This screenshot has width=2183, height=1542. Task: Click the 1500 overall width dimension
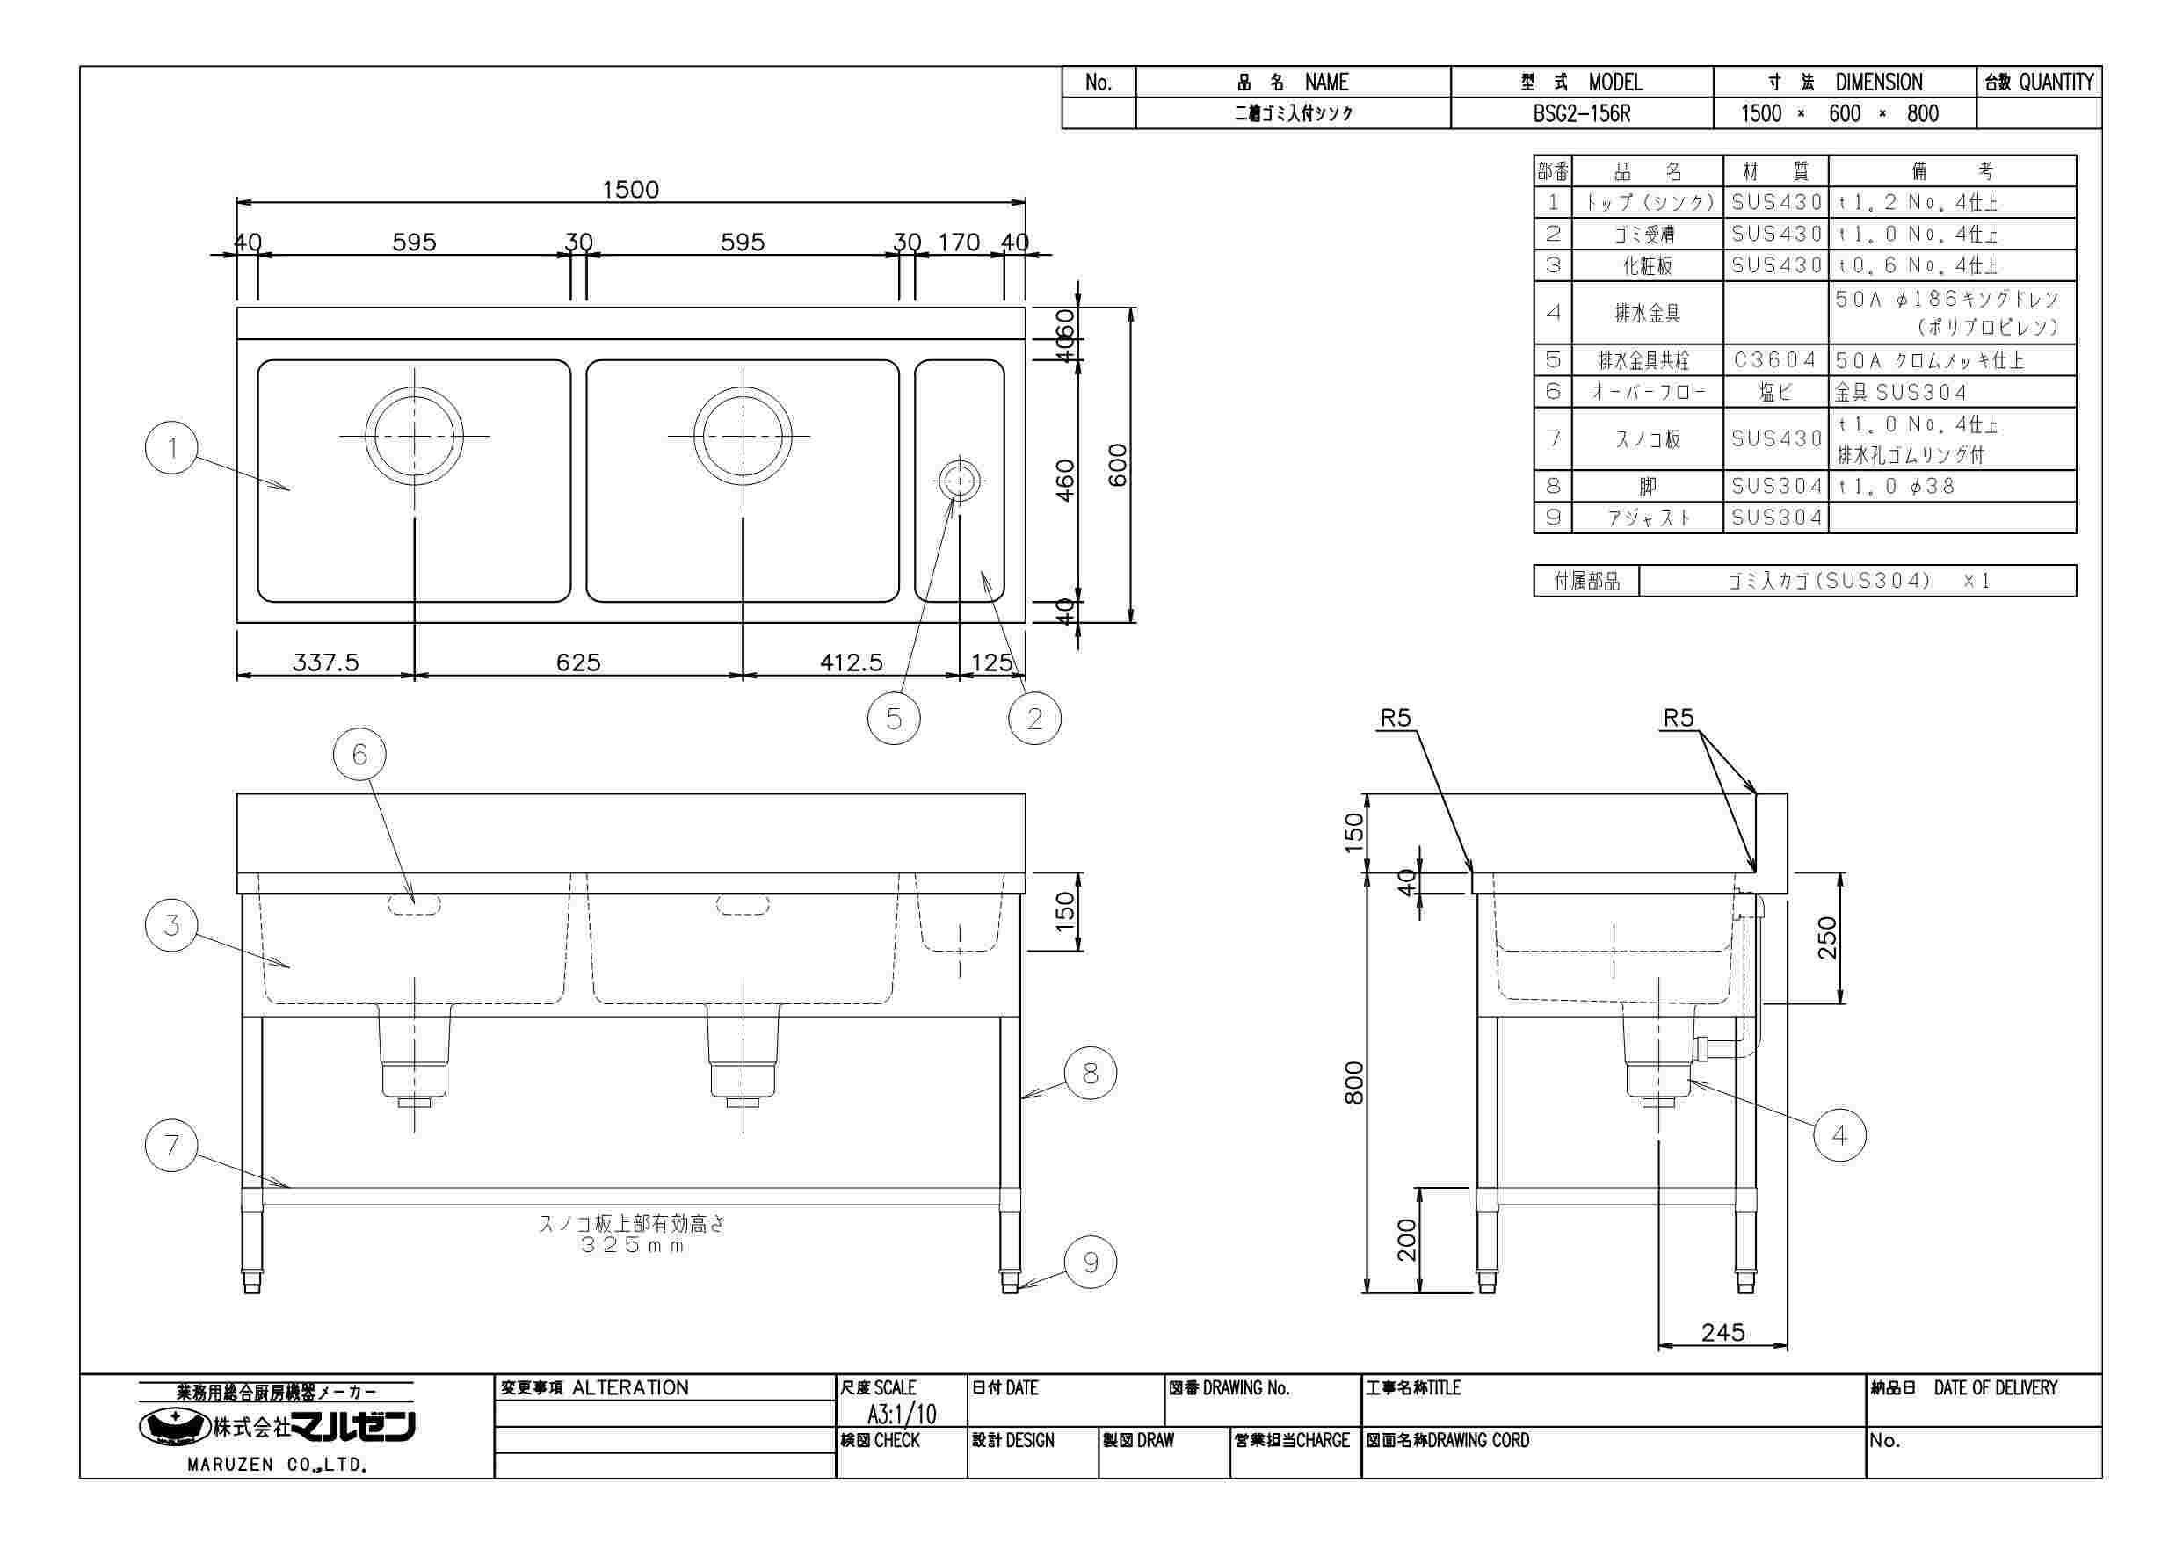pos(630,190)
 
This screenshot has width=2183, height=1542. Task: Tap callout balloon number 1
pos(171,448)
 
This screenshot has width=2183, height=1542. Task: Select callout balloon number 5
pos(894,719)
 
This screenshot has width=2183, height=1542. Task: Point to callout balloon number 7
pos(171,1146)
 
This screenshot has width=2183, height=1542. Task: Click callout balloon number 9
pos(1091,1263)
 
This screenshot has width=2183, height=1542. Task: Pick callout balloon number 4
pos(1839,1135)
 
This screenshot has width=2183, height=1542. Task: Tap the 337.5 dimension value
pos(325,662)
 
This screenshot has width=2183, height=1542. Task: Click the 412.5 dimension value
pos(852,662)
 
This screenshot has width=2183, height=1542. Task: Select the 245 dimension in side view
pos(1722,1333)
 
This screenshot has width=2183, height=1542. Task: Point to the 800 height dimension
pos(1354,1082)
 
